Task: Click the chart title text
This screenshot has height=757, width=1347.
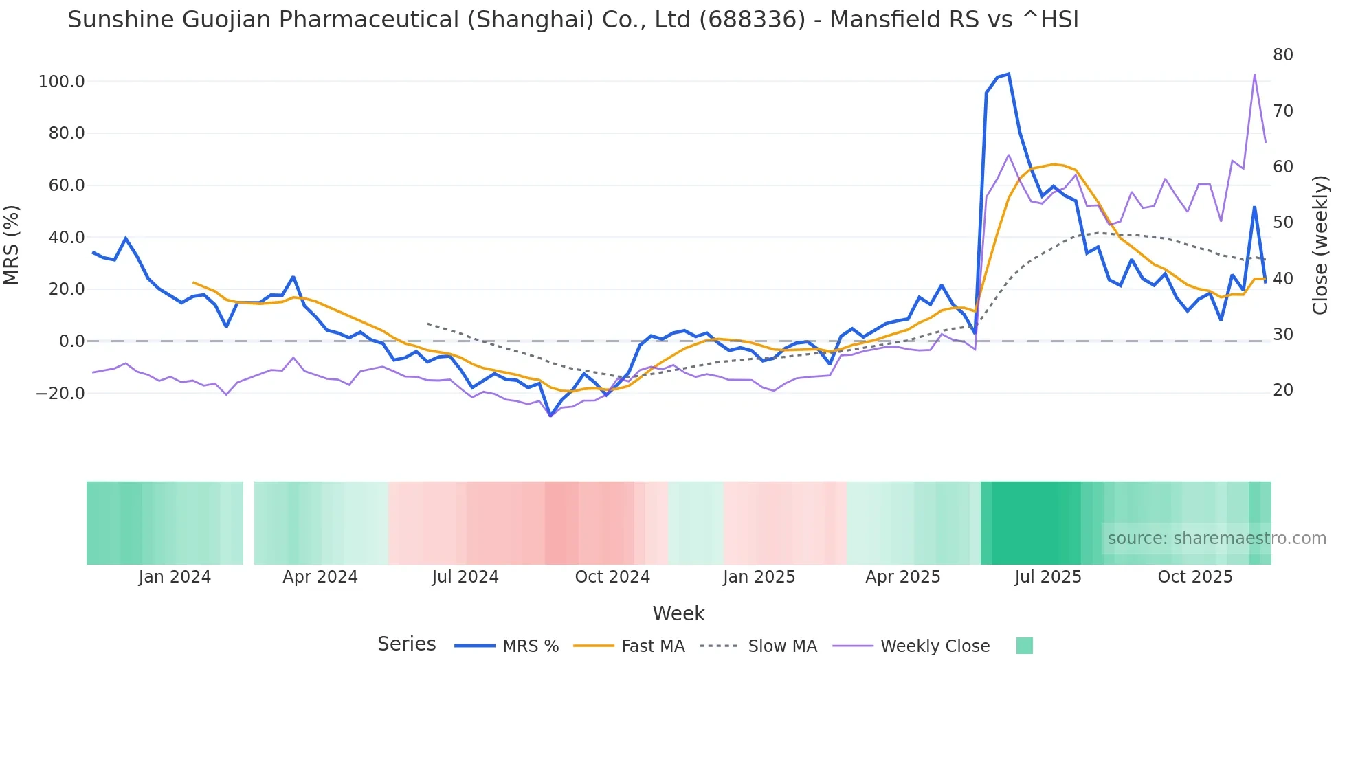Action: pos(572,20)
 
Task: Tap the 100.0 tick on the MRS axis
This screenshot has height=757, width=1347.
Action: pos(61,82)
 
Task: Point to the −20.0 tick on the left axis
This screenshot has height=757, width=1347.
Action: pos(60,394)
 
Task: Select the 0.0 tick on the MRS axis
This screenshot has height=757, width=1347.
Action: pos(71,341)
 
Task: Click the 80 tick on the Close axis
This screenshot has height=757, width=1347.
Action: pos(1282,55)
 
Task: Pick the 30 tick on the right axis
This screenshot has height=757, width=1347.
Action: pos(1282,335)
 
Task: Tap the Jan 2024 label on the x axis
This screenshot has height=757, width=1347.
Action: pos(175,577)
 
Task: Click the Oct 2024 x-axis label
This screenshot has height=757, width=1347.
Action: pos(612,577)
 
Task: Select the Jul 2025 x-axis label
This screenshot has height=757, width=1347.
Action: pos(1048,577)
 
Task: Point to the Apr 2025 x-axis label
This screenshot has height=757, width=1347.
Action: pos(902,577)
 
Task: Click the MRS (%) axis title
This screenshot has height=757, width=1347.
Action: pos(12,245)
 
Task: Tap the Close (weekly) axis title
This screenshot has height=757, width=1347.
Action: pos(1320,245)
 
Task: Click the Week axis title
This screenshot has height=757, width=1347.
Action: pos(678,613)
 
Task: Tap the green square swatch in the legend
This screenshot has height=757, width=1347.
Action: pos(1024,646)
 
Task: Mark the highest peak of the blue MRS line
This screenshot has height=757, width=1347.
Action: pos(1008,74)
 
